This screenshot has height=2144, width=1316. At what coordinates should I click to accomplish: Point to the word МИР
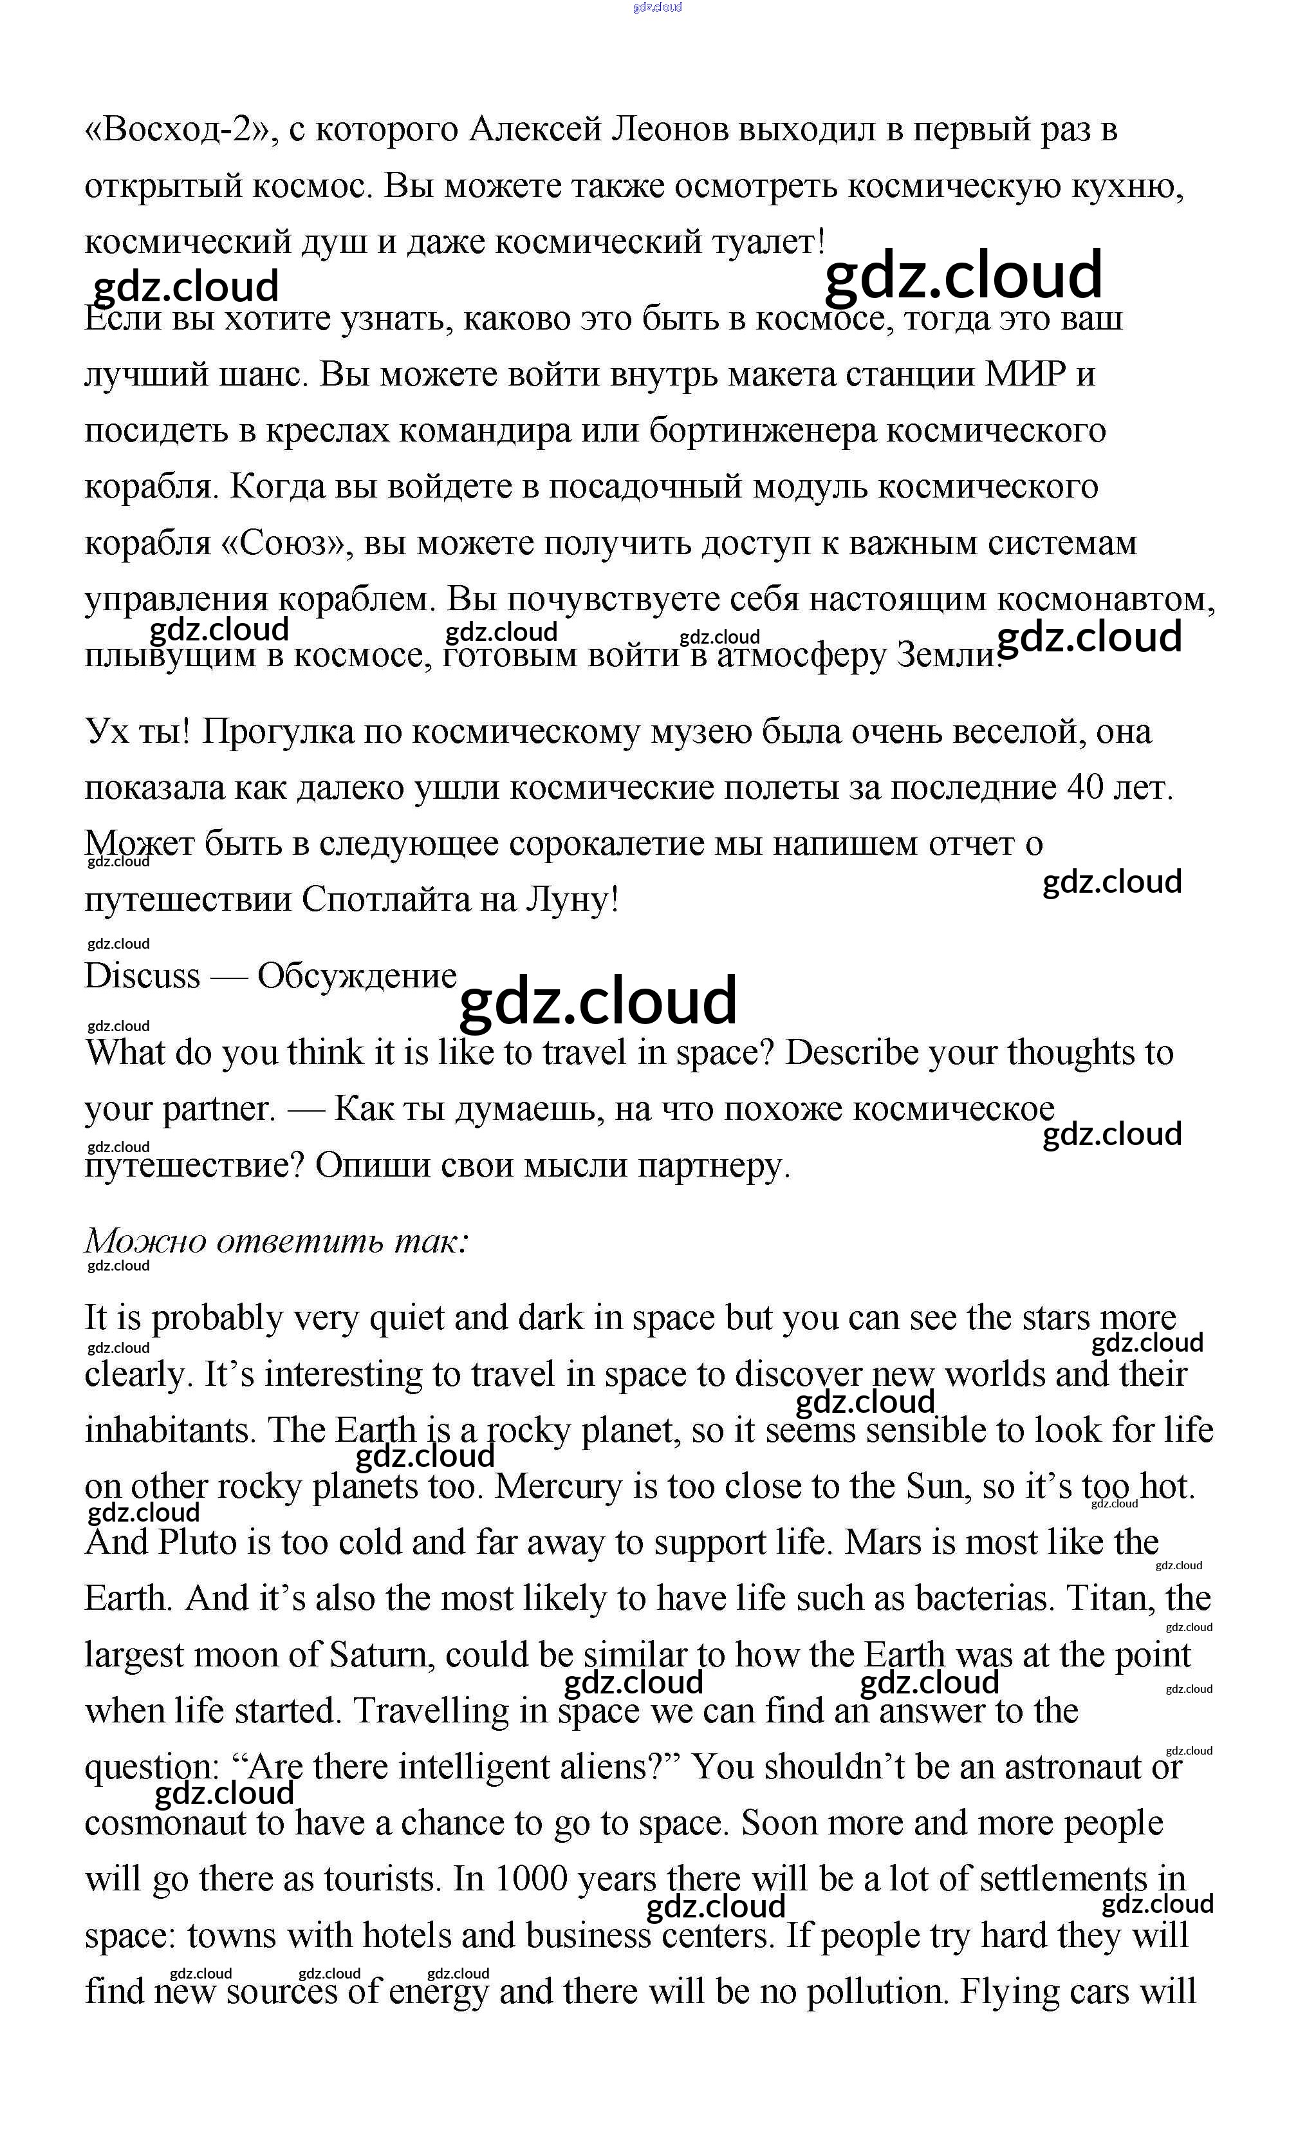1024,375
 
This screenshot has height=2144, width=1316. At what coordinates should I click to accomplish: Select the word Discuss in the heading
142,976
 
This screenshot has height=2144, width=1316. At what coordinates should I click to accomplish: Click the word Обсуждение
357,976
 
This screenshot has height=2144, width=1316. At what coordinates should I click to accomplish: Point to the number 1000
531,1879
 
